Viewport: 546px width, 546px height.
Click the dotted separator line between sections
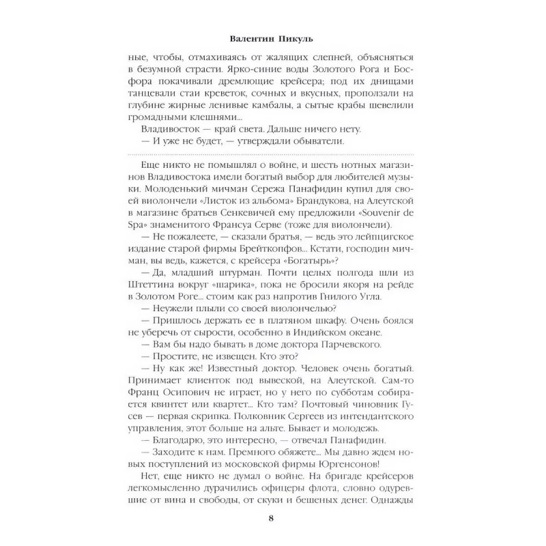(x=273, y=158)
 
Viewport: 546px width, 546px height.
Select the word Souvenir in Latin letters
(x=383, y=214)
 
